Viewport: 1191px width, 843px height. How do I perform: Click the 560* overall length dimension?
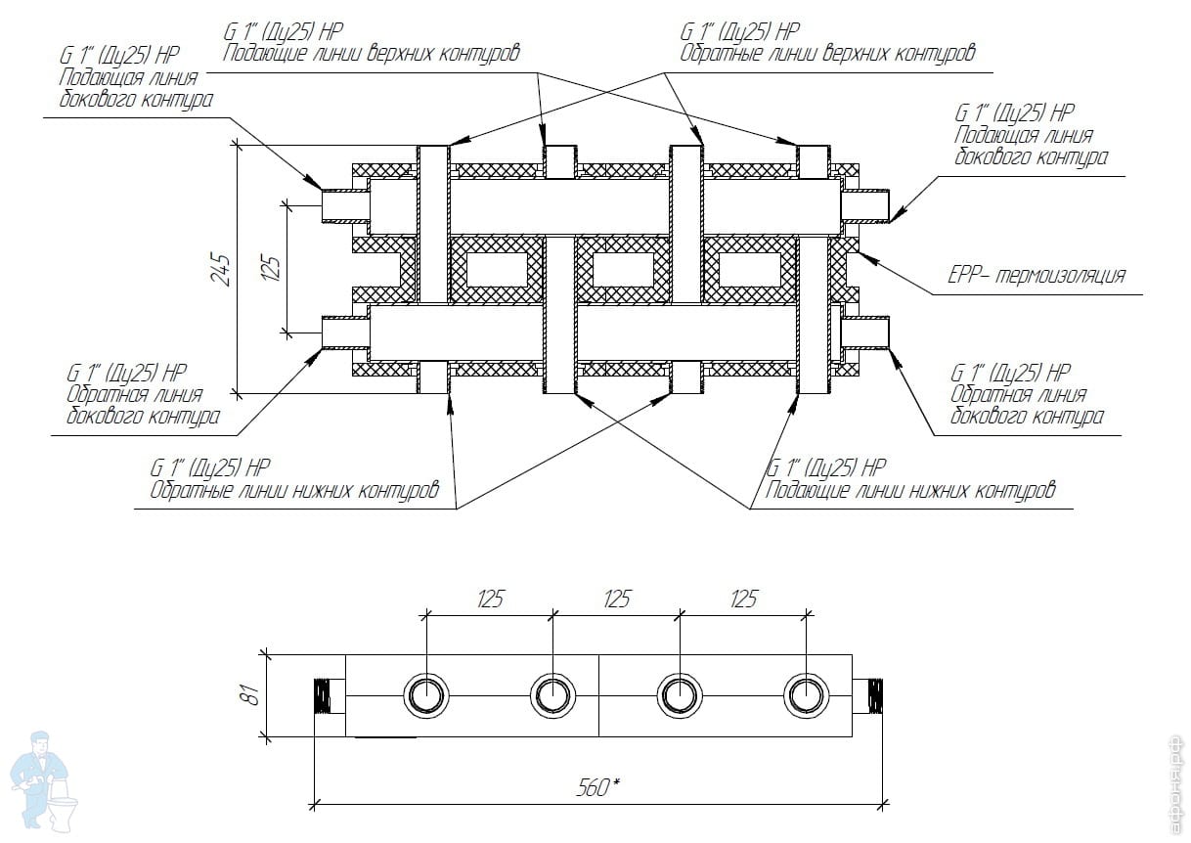point(600,785)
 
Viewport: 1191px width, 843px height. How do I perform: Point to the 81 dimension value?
point(250,695)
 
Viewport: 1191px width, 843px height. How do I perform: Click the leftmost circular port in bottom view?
point(425,695)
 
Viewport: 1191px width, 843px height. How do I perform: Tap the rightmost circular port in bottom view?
point(807,695)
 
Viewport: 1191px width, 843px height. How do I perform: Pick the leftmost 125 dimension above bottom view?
point(491,599)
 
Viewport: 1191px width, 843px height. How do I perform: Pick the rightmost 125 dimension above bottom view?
point(744,599)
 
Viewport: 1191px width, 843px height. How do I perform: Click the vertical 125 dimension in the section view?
point(271,266)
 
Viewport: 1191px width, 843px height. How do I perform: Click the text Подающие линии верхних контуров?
point(371,53)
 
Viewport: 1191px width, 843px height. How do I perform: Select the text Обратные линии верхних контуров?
point(827,53)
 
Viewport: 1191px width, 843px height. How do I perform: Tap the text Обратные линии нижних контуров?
point(294,489)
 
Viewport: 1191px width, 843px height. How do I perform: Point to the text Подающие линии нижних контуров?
point(911,489)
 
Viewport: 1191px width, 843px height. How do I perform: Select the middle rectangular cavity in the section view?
point(623,269)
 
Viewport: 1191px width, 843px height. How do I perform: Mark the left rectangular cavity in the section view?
point(496,269)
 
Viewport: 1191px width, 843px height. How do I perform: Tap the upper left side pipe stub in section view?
point(344,205)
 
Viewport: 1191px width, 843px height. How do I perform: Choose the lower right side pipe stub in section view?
point(865,333)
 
